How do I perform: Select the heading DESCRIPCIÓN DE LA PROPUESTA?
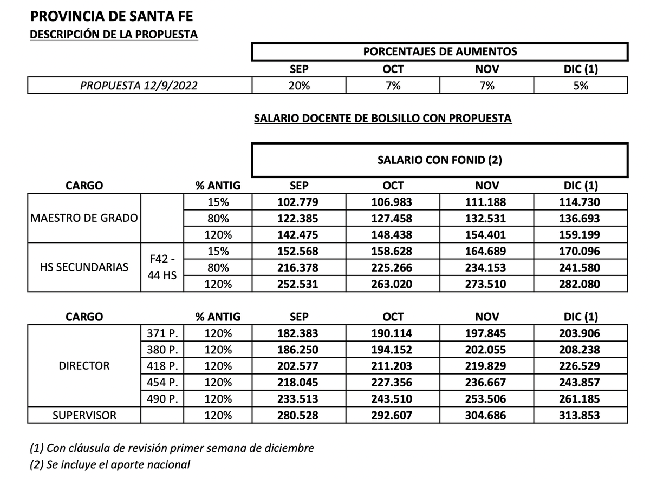[114, 35]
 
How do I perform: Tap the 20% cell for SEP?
[299, 86]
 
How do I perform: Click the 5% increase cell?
[581, 86]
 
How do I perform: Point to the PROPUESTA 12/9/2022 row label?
[139, 86]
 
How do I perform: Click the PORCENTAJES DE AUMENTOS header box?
[439, 52]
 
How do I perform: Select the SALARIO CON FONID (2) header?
[439, 160]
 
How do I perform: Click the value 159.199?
[581, 235]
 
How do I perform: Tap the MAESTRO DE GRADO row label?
[84, 219]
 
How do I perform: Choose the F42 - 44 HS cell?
[162, 267]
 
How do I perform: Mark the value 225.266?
[393, 267]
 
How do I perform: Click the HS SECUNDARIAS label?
[84, 267]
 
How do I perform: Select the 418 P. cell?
[162, 366]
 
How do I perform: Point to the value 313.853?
[581, 416]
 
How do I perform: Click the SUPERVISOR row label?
[84, 416]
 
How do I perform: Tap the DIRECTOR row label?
[84, 366]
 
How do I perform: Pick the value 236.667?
[486, 383]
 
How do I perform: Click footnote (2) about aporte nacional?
[110, 464]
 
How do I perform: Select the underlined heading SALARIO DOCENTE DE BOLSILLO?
[382, 119]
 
